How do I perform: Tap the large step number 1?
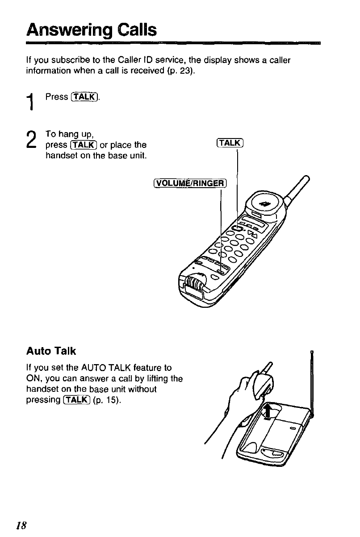(32, 102)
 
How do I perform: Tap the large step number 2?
(32, 141)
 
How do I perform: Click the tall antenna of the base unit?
(312, 384)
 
